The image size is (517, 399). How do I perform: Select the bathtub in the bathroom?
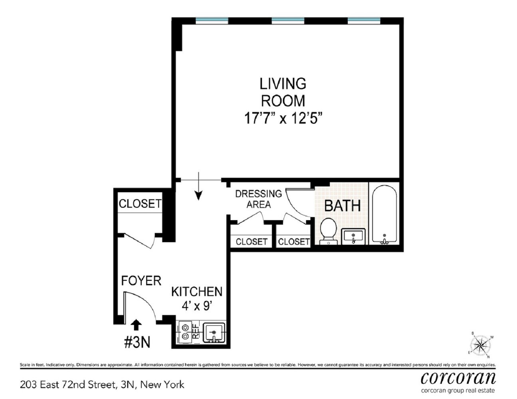click(384, 214)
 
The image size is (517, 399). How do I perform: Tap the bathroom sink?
click(353, 236)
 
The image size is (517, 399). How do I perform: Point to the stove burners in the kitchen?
click(185, 332)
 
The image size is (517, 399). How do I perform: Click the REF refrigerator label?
click(196, 332)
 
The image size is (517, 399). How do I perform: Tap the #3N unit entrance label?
click(137, 342)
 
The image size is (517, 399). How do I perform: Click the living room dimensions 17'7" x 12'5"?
click(283, 118)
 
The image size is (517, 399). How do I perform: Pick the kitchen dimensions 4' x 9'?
click(196, 306)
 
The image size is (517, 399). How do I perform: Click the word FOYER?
click(141, 281)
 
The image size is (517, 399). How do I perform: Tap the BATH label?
click(342, 205)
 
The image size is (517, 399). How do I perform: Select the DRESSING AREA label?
click(258, 199)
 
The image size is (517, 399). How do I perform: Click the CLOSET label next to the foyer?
click(140, 203)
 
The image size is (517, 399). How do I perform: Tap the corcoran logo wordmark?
click(458, 377)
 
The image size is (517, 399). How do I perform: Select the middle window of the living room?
click(288, 20)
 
